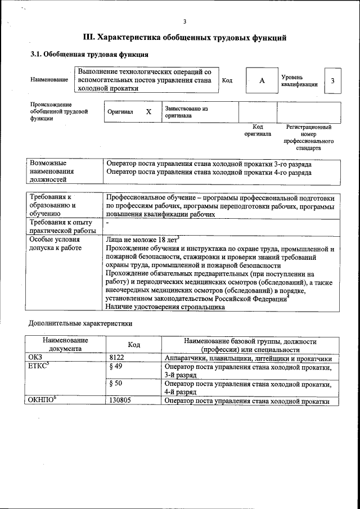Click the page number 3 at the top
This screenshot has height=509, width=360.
coord(184,22)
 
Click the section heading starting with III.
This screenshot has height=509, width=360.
coord(184,38)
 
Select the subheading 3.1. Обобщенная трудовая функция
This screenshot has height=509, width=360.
coord(89,55)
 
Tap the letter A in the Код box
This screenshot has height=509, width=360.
coord(262,81)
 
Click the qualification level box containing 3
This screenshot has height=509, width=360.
coord(332,81)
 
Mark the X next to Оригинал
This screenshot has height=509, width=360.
coord(148,111)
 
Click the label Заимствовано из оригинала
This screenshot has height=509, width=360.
coord(186,111)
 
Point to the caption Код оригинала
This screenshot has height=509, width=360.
coord(258,130)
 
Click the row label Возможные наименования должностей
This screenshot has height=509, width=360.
coord(56,171)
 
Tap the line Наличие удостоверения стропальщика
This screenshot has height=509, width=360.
coord(165,307)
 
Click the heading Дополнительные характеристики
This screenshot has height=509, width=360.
coord(80,325)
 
